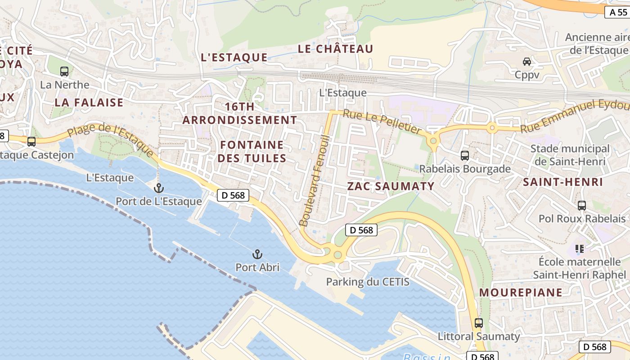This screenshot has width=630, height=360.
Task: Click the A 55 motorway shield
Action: pos(616,12)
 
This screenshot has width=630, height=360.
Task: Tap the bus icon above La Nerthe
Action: pos(64,71)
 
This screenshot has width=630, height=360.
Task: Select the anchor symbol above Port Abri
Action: pos(257,255)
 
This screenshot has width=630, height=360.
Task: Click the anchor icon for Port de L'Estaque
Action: pos(158,188)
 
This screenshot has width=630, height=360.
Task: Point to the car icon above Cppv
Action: pos(527,62)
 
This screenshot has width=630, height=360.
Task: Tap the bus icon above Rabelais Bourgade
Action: pos(465,156)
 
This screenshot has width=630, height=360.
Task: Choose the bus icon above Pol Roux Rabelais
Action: pos(582,206)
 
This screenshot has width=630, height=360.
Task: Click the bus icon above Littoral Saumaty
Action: pos(479,323)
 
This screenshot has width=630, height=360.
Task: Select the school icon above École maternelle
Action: pos(580,249)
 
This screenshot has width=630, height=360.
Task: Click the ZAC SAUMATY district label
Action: pos(391,186)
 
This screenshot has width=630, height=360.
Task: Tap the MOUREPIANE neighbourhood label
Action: pos(521,292)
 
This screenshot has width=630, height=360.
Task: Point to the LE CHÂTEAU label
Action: pos(335,49)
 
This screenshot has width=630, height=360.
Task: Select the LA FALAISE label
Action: pos(89,103)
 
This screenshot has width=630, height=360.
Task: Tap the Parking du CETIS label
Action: pos(368,282)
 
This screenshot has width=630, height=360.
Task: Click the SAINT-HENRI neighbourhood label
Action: pos(562,182)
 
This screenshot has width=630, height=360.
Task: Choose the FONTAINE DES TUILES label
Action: pos(252,151)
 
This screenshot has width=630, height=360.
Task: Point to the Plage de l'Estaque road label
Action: pos(112,139)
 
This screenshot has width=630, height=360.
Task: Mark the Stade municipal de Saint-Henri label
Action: pos(570,155)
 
